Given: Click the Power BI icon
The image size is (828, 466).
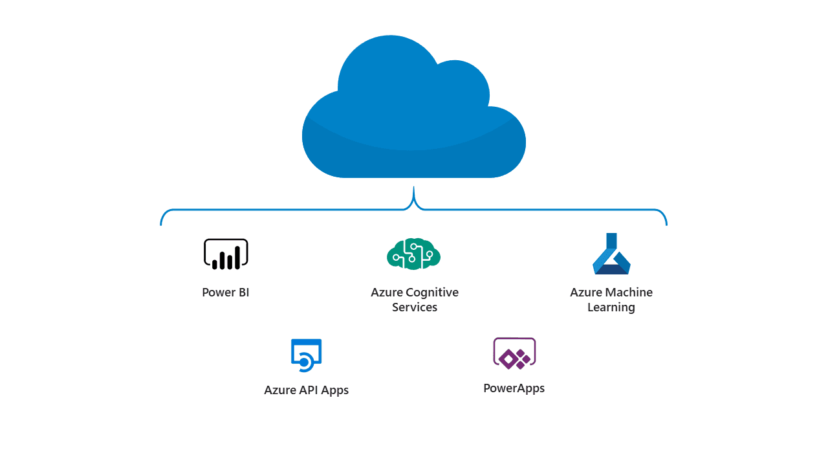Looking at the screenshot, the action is point(226,254).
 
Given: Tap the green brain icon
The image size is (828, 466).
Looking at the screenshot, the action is point(413,254).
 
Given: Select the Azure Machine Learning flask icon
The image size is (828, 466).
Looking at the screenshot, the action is point(611,254).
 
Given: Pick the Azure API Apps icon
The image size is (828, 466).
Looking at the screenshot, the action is point(307,355).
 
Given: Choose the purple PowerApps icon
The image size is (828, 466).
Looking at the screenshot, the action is point(514,353).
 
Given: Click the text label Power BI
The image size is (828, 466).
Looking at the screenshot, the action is point(226,292).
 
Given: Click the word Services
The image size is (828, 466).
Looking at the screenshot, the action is point(415,307).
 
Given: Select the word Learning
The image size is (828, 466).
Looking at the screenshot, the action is point(611,307).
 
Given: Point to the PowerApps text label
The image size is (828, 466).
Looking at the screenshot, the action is point(514,389).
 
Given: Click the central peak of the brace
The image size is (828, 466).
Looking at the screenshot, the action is point(413,187).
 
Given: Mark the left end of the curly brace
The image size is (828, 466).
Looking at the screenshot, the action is point(161,225).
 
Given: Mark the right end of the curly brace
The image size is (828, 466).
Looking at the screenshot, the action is point(666,225).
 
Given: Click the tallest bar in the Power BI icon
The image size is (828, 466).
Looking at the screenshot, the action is point(237,258).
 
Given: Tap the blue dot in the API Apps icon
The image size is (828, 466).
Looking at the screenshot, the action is point(304,363).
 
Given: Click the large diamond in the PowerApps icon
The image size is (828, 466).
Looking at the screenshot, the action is point(508,359).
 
